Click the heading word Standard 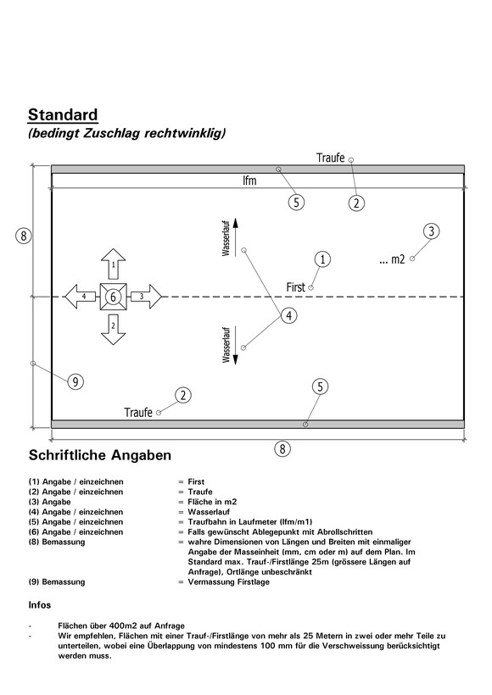[x=63, y=114]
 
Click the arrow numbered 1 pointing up [x=113, y=264]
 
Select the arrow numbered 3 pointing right [x=147, y=296]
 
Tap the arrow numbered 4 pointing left [x=81, y=296]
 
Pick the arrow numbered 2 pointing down [x=113, y=330]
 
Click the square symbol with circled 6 [x=113, y=297]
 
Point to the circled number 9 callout [x=75, y=381]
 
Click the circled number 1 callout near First [x=322, y=259]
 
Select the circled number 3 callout [x=431, y=231]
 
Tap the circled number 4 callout [x=289, y=315]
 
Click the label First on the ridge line [x=295, y=287]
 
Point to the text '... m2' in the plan [x=393, y=259]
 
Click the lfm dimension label [x=249, y=181]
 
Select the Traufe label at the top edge [x=331, y=158]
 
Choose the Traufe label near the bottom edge [x=138, y=413]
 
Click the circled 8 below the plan [x=282, y=449]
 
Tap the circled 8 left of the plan [x=24, y=236]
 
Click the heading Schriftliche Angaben [x=100, y=455]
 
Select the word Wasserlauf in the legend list [x=209, y=512]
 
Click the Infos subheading [x=40, y=605]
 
